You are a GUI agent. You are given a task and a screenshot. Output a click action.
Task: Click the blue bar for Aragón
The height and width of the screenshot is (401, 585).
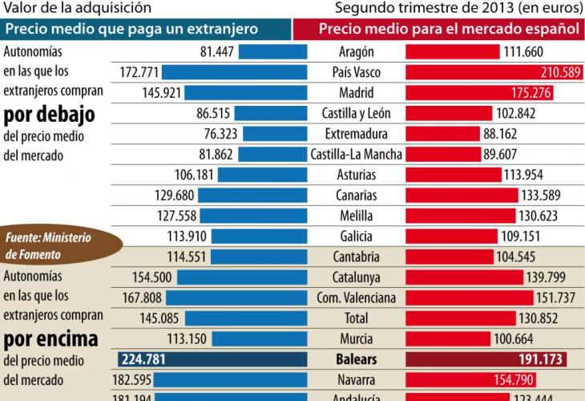[x=272, y=52]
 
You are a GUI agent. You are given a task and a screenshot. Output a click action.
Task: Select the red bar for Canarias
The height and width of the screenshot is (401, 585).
[x=462, y=195]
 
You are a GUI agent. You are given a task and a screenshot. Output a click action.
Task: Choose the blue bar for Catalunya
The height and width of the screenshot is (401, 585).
[x=241, y=277]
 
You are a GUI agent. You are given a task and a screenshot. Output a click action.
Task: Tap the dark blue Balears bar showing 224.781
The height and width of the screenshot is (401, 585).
[x=212, y=359]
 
